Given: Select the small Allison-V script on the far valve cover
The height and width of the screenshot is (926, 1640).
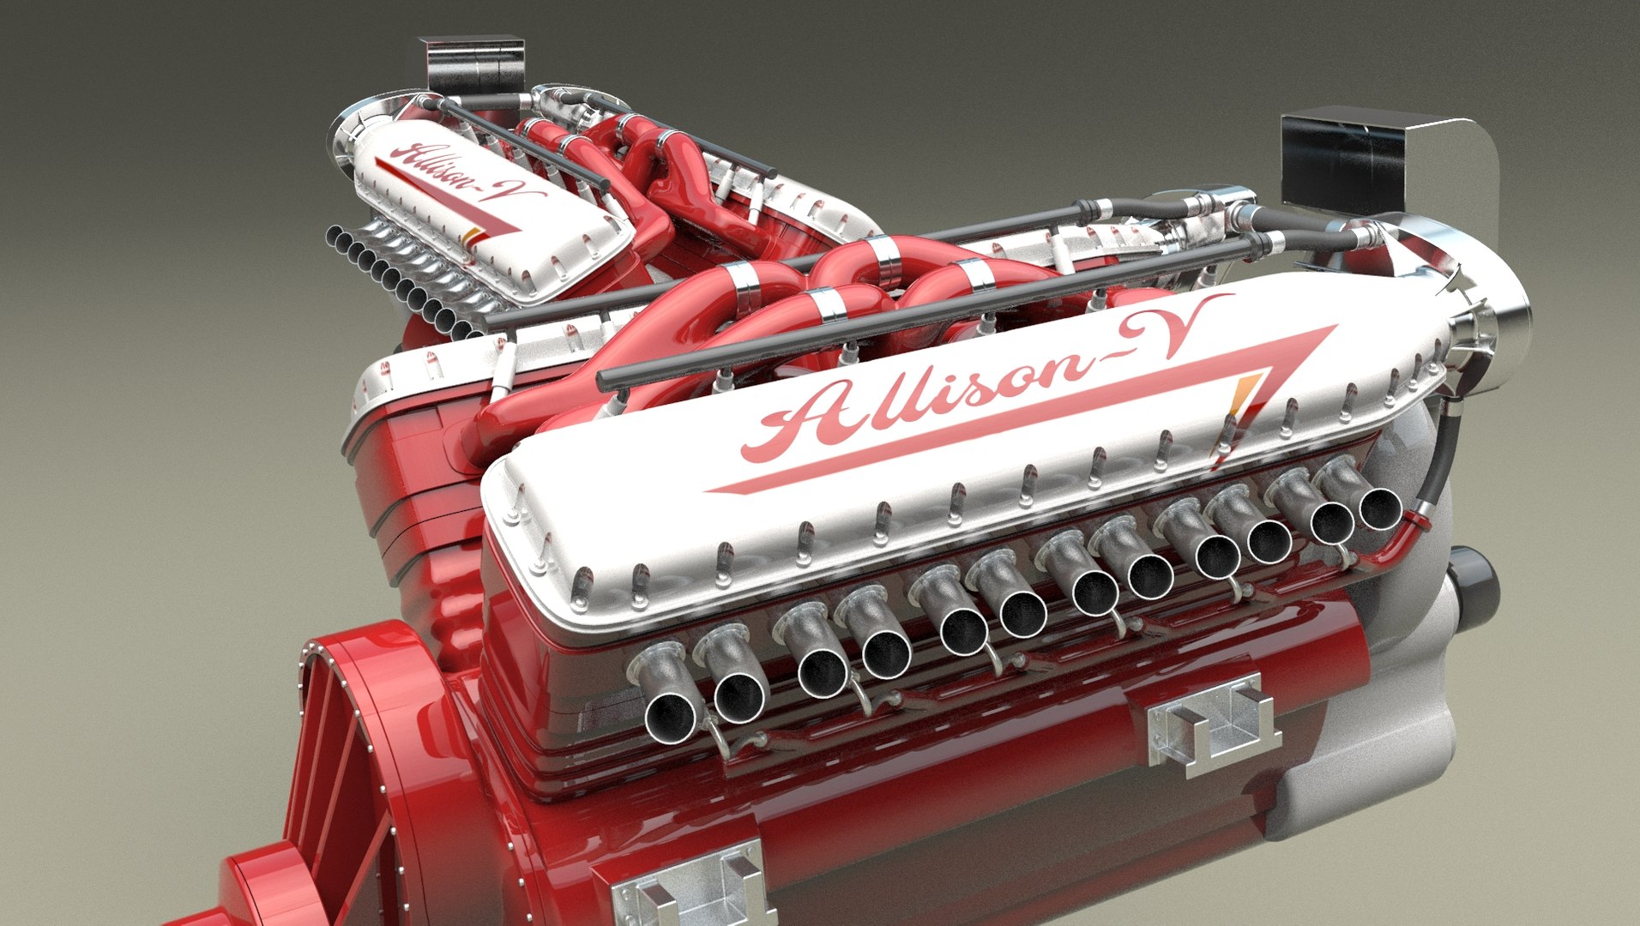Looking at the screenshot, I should tap(463, 176).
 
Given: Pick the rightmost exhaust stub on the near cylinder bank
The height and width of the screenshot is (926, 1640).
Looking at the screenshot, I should tap(1378, 506).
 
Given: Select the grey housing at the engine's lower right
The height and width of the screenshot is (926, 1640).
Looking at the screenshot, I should tap(1372, 746).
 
